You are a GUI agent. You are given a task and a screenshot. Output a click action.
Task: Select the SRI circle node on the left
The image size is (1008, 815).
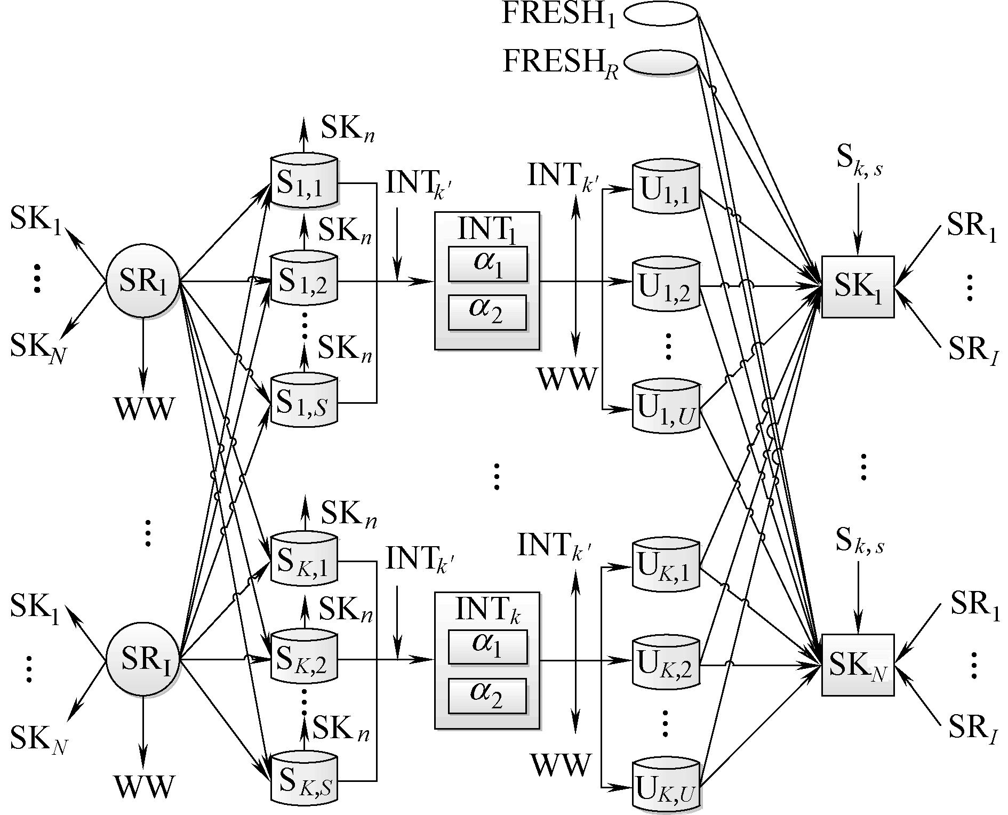click(143, 660)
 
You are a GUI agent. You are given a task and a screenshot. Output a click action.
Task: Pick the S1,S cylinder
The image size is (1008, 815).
click(304, 403)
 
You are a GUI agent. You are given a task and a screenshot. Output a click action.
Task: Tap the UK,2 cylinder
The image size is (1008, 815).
click(666, 665)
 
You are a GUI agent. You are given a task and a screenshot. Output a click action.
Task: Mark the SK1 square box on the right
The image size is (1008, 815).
click(858, 287)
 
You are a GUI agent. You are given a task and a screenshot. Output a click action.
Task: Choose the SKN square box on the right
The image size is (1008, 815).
click(858, 665)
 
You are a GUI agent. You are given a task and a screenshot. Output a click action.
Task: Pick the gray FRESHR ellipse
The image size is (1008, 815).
click(660, 62)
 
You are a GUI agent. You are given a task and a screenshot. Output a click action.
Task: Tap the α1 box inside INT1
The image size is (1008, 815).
click(487, 263)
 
